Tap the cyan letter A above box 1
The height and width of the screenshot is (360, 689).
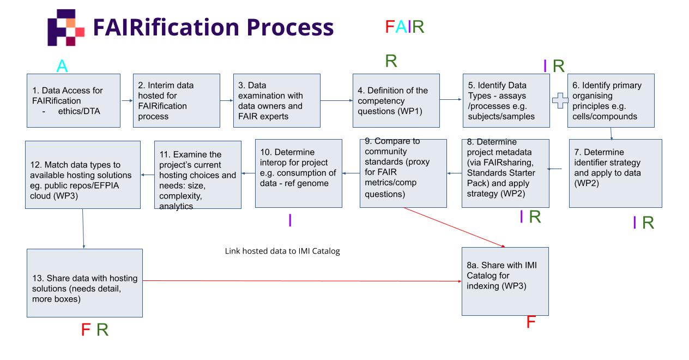point(62,67)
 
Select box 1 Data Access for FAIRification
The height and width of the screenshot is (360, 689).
point(73,100)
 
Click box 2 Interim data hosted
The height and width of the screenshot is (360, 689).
point(171,100)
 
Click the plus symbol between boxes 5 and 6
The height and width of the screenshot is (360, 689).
point(560,101)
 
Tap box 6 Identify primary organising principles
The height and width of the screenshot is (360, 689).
point(611,100)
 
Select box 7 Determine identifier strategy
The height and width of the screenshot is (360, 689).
point(615,173)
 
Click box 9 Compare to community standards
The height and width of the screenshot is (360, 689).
point(403,173)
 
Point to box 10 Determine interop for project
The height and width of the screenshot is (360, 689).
point(298,173)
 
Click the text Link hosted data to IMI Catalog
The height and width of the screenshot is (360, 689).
point(282,251)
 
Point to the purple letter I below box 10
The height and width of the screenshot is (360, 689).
point(290,220)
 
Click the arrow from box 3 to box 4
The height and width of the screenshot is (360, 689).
point(336,100)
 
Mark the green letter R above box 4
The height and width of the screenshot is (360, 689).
point(390,61)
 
